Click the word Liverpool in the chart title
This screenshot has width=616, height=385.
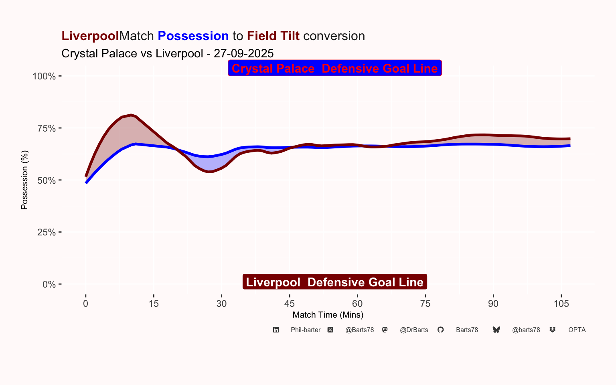[x=90, y=36]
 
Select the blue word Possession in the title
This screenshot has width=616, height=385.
[x=193, y=36]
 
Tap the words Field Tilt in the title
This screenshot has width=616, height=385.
[x=273, y=36]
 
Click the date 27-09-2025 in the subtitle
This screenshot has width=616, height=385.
[x=244, y=53]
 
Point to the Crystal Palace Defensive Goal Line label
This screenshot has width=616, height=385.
[x=335, y=68]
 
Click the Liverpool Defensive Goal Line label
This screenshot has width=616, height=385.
[x=335, y=282]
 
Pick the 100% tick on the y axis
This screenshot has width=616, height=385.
[x=44, y=76]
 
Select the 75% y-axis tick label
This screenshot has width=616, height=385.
[x=47, y=128]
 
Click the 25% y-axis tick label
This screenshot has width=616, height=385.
[x=47, y=232]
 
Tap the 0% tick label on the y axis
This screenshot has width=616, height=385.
[x=49, y=284]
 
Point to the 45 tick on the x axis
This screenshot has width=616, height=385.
[x=289, y=304]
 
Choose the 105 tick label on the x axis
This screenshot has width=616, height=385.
[x=561, y=304]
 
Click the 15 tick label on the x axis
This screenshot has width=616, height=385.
[x=154, y=304]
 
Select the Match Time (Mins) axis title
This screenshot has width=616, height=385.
[x=328, y=315]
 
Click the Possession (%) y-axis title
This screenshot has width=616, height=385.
[x=24, y=180]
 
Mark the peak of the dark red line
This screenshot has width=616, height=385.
[x=131, y=115]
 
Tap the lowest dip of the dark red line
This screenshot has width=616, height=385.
[x=209, y=172]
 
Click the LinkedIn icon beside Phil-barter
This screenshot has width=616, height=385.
[x=276, y=330]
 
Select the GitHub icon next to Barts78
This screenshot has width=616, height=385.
[x=441, y=330]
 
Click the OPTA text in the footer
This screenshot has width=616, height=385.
[x=577, y=330]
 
